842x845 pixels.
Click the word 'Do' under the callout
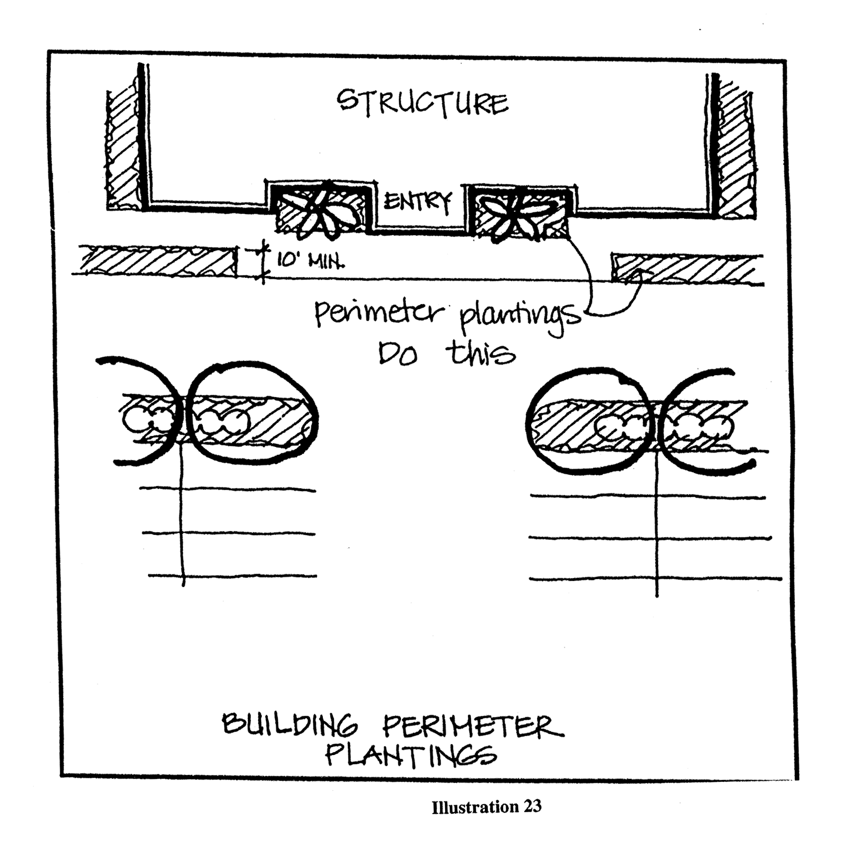click(398, 355)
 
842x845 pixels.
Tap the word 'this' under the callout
click(480, 354)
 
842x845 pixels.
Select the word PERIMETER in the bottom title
click(472, 726)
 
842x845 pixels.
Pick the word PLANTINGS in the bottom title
click(410, 756)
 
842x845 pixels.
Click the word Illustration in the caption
click(475, 807)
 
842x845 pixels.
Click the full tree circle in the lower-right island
click(588, 420)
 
